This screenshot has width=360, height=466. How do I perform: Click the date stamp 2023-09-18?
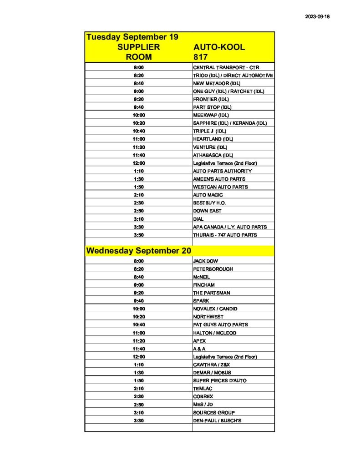317,17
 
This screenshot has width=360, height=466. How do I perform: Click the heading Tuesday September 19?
132,37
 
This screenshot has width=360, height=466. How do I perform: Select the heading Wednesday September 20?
139,251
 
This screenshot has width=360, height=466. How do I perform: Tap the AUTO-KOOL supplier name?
219,47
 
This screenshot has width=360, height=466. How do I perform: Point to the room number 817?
200,57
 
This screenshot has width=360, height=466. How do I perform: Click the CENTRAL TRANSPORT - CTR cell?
226,67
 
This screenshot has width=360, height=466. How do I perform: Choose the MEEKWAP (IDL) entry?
211,115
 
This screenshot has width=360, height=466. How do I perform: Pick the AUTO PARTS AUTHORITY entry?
222,171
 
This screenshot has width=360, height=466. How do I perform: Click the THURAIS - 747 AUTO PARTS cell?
225,235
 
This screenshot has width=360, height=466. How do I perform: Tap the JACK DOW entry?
205,261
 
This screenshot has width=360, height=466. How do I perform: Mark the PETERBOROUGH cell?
213,269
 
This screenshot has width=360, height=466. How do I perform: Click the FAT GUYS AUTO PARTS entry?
220,325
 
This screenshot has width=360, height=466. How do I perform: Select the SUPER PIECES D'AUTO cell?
220,380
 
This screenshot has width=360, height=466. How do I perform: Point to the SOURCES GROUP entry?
214,412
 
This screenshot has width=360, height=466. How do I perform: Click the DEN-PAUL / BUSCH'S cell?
217,420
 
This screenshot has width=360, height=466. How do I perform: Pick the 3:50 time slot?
139,235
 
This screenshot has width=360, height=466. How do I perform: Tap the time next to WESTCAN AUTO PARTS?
139,187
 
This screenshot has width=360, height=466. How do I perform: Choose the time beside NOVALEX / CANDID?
139,309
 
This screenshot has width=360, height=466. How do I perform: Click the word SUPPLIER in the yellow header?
139,47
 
